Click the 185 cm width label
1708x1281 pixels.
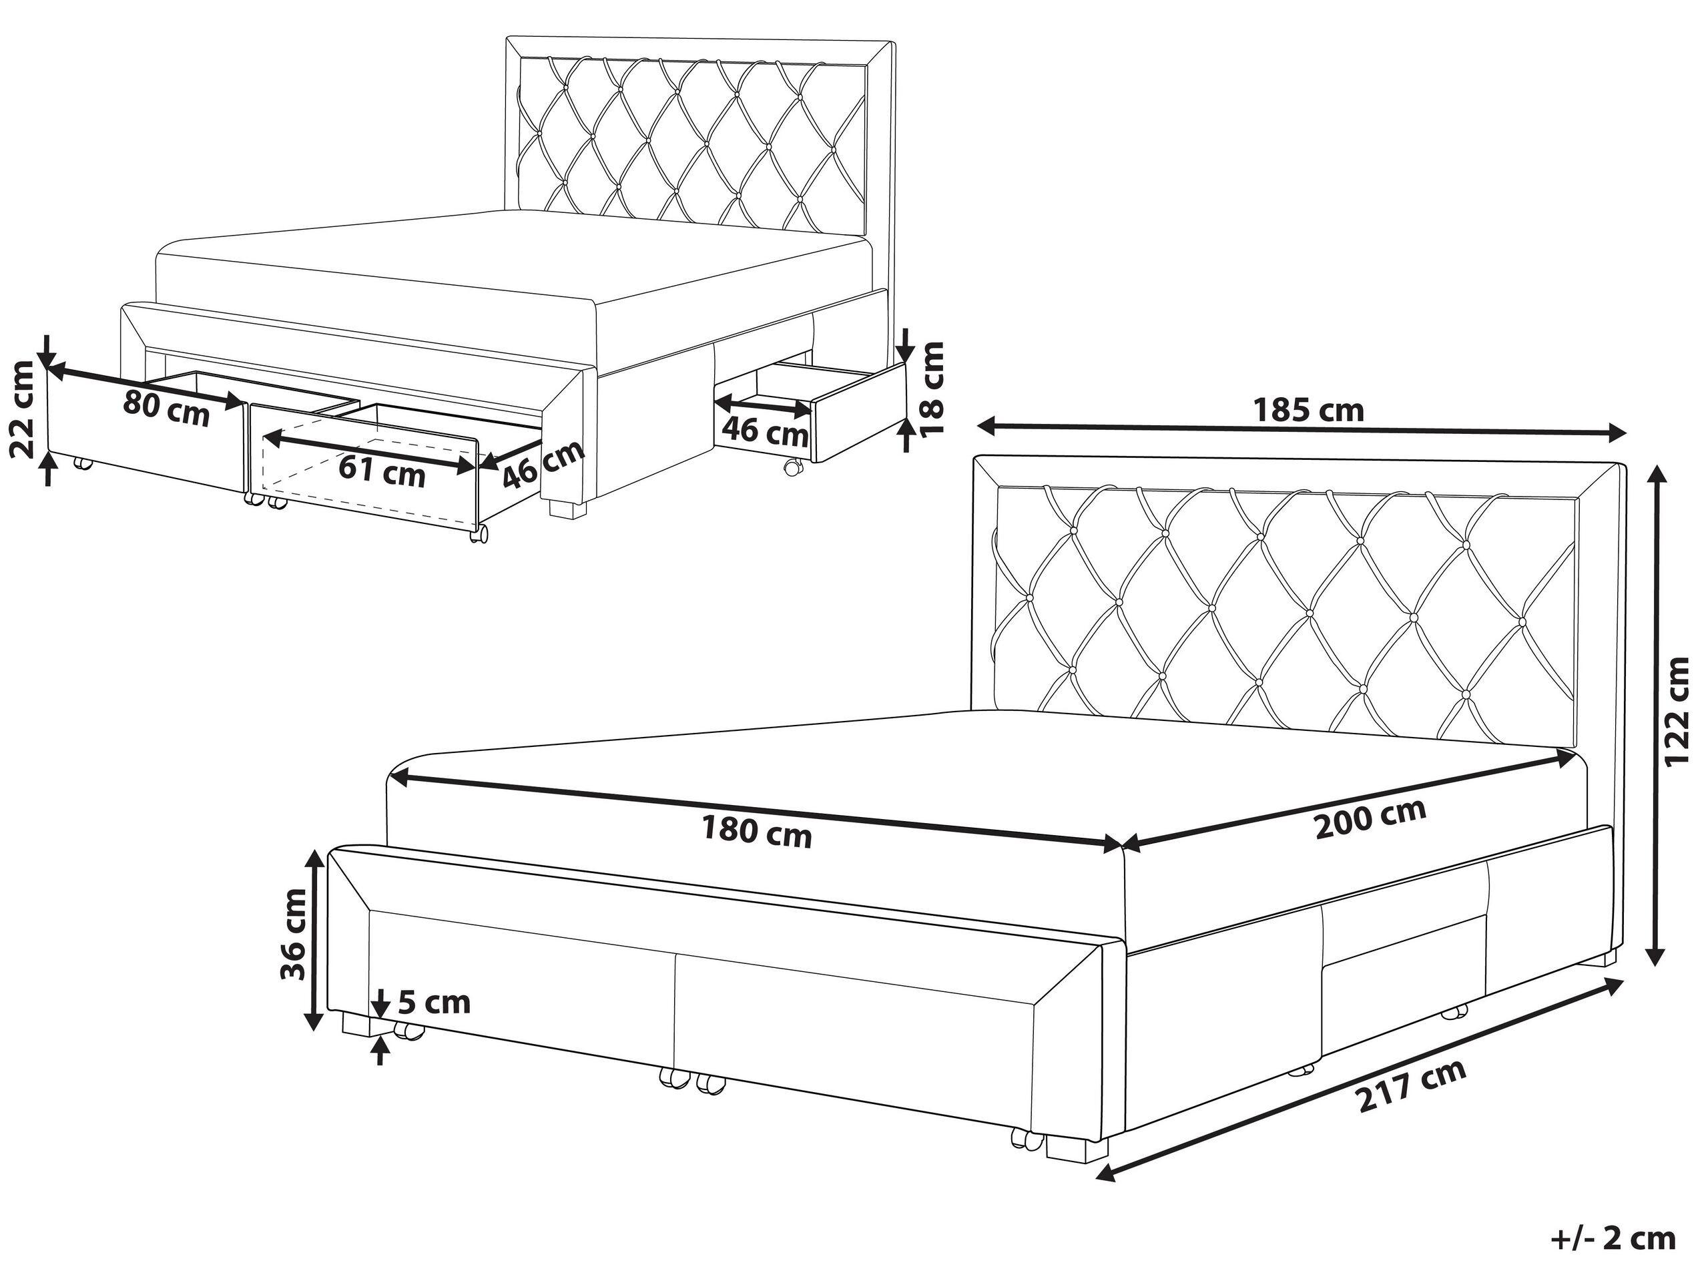pyautogui.click(x=1308, y=411)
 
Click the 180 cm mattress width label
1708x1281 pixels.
pyautogui.click(x=757, y=834)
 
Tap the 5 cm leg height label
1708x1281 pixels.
pyautogui.click(x=434, y=1002)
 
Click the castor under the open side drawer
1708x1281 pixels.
pyautogui.click(x=793, y=467)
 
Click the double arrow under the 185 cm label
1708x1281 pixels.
pyautogui.click(x=1302, y=429)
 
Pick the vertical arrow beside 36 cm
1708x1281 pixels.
pyautogui.click(x=314, y=940)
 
